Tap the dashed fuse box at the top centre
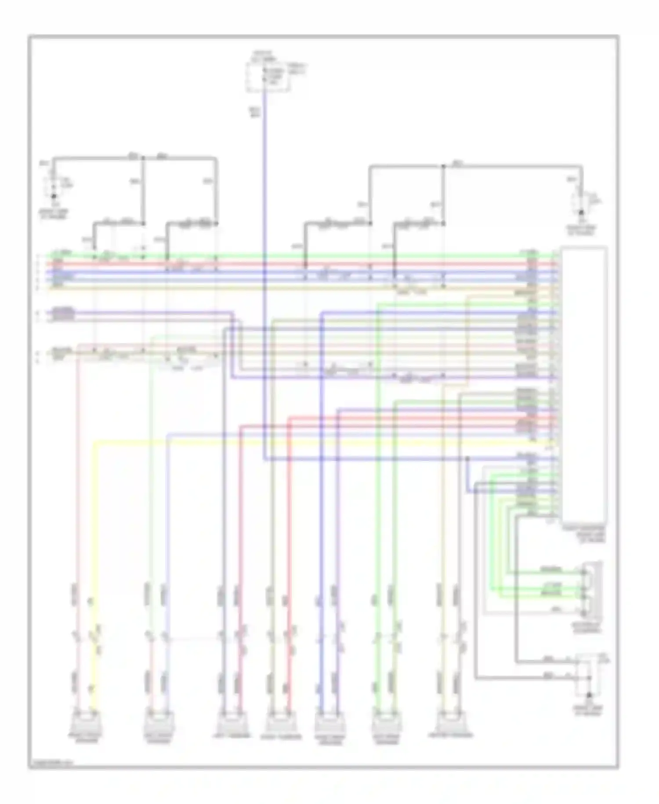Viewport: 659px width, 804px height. [x=268, y=77]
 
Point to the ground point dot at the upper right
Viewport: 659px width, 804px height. [x=582, y=213]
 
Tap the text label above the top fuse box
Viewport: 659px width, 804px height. [x=262, y=55]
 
